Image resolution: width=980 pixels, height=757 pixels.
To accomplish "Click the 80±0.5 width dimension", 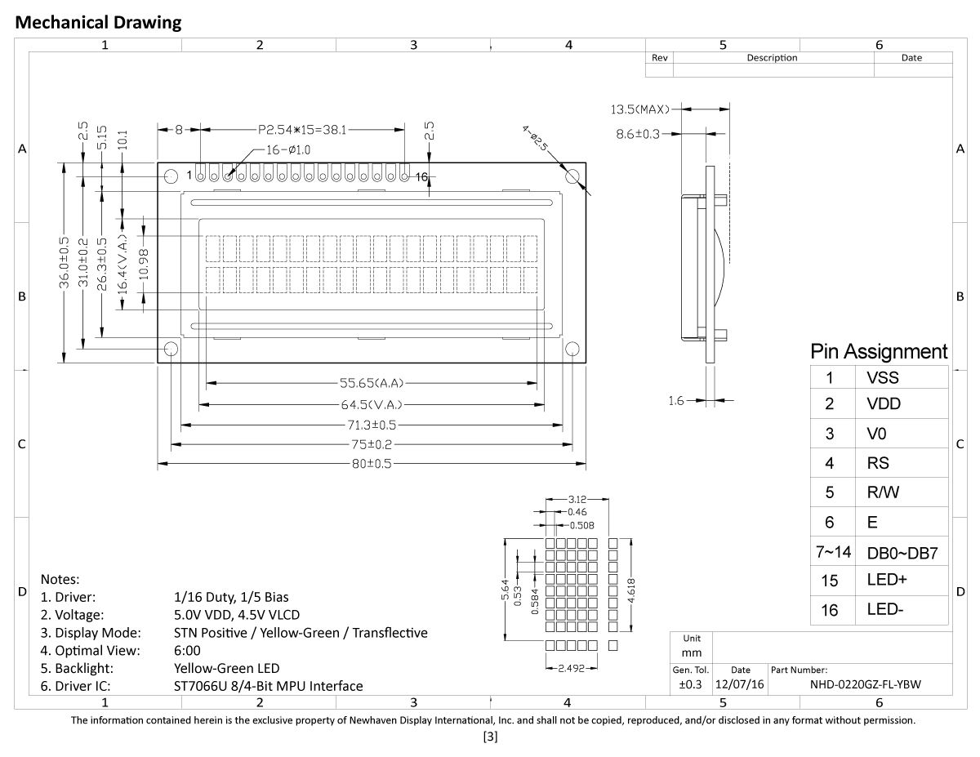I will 372,464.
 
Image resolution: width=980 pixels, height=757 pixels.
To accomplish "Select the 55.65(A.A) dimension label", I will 372,382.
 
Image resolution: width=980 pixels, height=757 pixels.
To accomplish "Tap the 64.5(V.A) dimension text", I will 372,404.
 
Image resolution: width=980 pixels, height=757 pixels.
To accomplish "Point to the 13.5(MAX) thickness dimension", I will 640,109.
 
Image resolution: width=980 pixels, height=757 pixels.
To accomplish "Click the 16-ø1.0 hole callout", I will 288,150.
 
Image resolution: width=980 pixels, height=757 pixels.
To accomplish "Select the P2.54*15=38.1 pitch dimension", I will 301,129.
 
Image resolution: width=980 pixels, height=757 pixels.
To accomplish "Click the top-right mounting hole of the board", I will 572,176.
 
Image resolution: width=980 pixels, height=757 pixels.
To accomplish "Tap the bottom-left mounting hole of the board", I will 171,350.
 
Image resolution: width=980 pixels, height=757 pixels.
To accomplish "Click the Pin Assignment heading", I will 879,352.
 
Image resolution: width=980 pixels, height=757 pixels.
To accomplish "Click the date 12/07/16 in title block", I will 739,685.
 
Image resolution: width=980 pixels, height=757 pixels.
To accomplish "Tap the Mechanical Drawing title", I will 99,23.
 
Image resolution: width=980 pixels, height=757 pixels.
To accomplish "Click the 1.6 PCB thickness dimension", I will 675,400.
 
